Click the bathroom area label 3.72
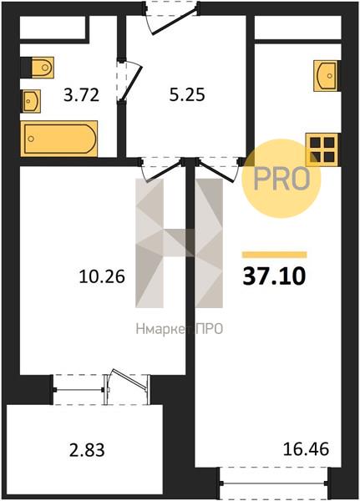[82, 95]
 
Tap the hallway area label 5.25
[187, 95]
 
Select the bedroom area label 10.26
[102, 276]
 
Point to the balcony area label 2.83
[87, 450]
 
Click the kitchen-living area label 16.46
[306, 448]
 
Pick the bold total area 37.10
[274, 276]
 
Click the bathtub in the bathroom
[58, 139]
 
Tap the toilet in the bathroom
[43, 68]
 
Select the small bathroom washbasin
[31, 101]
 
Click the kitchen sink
[326, 76]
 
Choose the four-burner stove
[322, 149]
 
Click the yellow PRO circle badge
[281, 179]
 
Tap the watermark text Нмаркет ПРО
[180, 329]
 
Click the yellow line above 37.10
[274, 255]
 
